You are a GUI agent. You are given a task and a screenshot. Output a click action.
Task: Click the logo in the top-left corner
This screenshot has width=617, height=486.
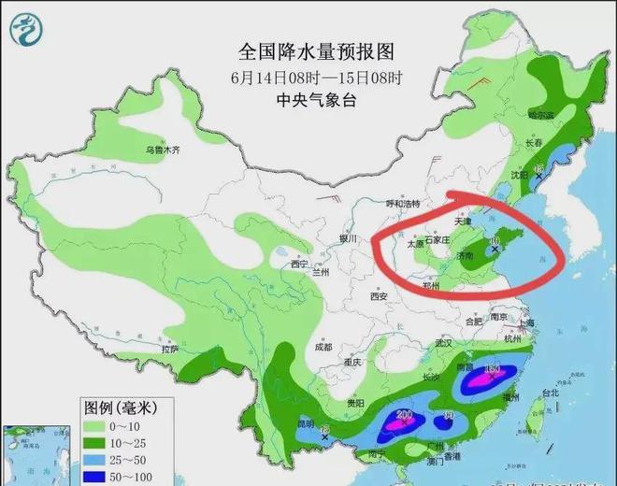(x=26, y=30)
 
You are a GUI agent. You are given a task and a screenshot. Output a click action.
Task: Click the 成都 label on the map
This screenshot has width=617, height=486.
(x=323, y=347)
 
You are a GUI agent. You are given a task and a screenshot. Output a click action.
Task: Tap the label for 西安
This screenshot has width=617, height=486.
(x=378, y=296)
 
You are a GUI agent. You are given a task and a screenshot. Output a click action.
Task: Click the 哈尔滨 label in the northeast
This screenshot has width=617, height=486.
(x=540, y=116)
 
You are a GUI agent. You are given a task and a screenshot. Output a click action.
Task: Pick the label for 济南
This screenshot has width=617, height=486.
(x=465, y=254)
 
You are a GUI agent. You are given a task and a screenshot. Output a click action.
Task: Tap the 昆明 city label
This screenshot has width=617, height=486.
(x=306, y=423)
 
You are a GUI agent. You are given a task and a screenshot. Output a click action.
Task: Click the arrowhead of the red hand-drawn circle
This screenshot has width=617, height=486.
(x=447, y=199)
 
